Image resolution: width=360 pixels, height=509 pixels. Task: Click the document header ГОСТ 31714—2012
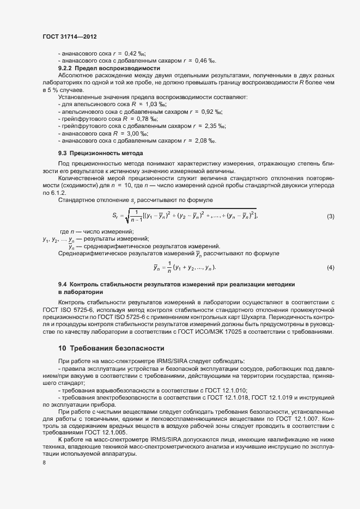pyautogui.click(x=70, y=36)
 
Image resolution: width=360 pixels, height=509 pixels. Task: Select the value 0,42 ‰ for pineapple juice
pyautogui.click(x=135, y=54)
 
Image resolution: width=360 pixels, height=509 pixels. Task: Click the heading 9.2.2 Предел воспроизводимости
pyautogui.click(x=109, y=69)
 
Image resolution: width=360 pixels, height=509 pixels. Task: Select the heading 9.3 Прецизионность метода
pyautogui.click(x=101, y=153)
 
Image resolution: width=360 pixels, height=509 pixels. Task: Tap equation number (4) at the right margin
pyautogui.click(x=330, y=267)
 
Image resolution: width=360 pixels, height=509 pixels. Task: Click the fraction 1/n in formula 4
pyautogui.click(x=169, y=267)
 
